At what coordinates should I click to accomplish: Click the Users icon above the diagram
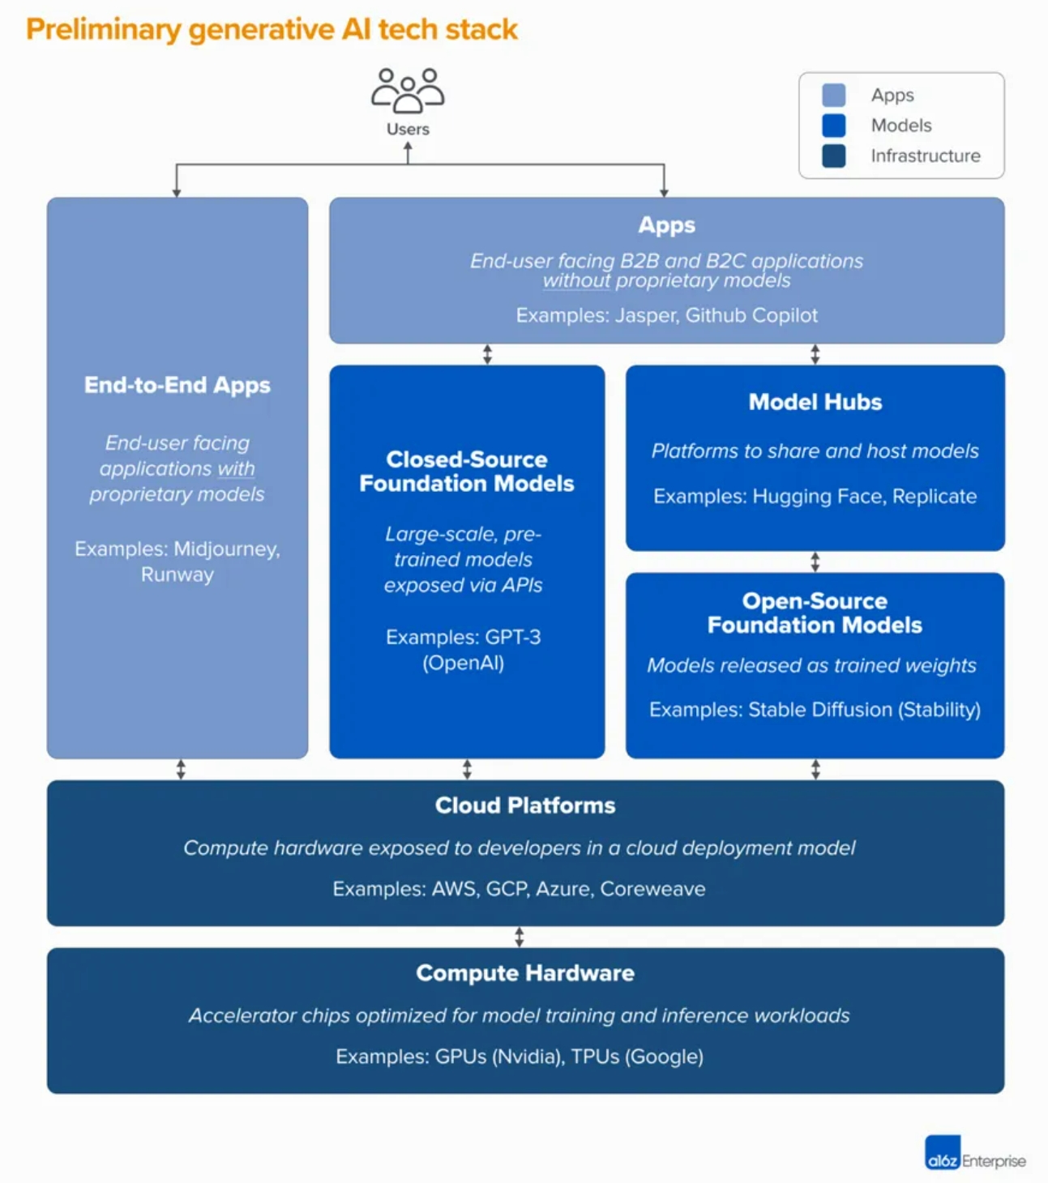click(408, 91)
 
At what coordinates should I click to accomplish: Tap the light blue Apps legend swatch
click(833, 95)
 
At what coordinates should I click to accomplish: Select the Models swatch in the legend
click(833, 126)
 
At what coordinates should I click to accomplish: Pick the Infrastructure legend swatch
click(833, 156)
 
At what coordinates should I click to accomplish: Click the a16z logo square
click(943, 1152)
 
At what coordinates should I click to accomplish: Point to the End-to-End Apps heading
click(178, 385)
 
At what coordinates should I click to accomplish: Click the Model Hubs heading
click(815, 402)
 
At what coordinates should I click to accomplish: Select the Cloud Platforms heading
click(525, 805)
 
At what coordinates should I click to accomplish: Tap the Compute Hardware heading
click(525, 973)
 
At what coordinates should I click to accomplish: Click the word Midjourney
click(227, 549)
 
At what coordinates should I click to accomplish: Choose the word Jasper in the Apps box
click(648, 315)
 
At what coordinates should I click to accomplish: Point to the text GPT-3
click(513, 636)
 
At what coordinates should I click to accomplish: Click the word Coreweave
click(652, 889)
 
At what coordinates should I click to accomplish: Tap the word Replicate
click(934, 497)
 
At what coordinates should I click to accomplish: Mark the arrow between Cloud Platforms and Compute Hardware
click(520, 937)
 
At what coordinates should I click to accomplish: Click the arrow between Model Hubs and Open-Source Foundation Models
click(815, 562)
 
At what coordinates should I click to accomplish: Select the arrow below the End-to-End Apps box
click(181, 769)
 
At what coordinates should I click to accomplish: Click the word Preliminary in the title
click(104, 30)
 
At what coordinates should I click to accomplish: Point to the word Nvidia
click(528, 1057)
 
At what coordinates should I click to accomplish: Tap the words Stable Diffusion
click(820, 710)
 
